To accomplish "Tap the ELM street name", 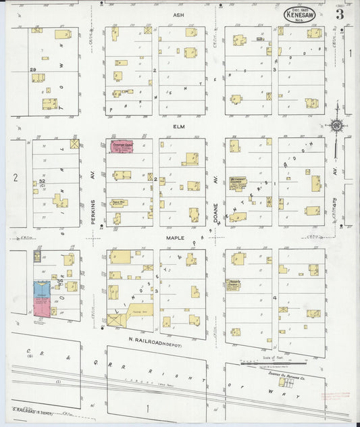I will (178, 126).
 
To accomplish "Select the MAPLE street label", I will (178, 237).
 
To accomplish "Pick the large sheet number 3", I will (339, 13).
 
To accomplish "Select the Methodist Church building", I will (238, 182).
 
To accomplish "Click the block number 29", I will (32, 70).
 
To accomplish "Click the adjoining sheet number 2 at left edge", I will (14, 178).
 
